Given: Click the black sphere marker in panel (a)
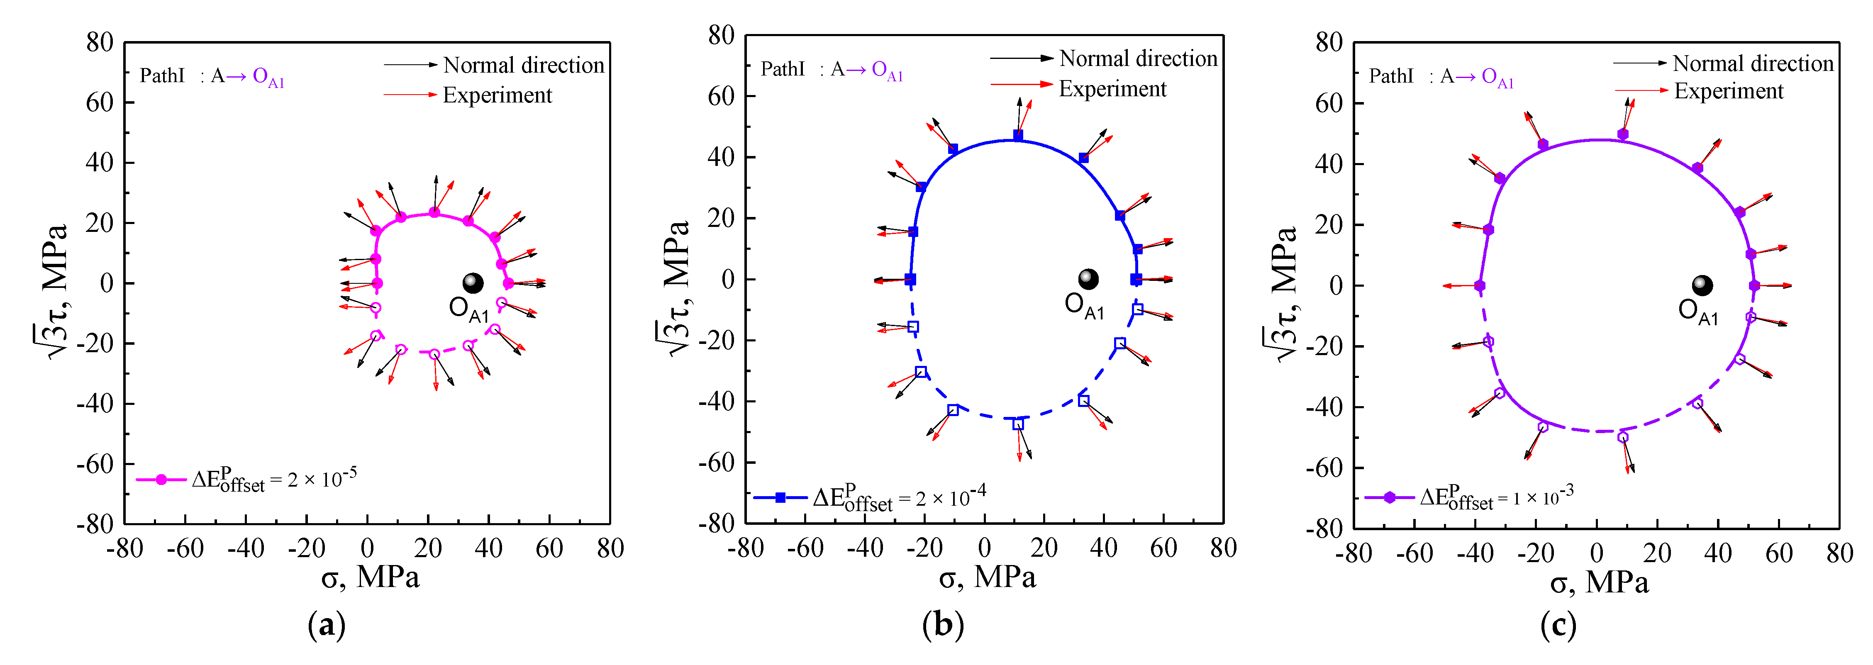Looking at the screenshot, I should (473, 283).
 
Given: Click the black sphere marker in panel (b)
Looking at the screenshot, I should (1088, 278).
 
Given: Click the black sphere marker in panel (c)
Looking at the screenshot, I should (1702, 285).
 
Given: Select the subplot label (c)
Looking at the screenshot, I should (1558, 625).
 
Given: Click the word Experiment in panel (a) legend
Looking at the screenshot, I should (498, 95).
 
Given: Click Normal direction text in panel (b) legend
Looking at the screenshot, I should (1137, 58).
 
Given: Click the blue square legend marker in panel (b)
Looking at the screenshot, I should (780, 498).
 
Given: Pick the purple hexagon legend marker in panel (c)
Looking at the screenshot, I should (1390, 498).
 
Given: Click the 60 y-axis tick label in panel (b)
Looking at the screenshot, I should (721, 96).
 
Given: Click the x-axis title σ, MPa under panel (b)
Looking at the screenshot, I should (987, 578).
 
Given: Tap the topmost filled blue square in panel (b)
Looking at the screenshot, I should (1018, 135).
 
